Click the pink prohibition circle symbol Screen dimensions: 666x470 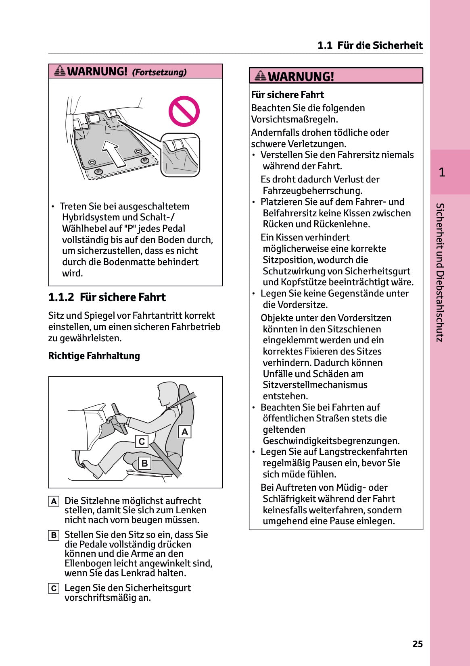point(184,112)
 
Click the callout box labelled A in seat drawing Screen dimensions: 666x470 point(185,432)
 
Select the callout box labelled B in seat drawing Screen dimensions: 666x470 point(144,463)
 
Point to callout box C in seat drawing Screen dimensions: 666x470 point(142,442)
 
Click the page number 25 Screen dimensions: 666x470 point(418,644)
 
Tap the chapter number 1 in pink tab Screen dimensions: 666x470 point(442,172)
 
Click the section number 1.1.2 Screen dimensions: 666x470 point(61,297)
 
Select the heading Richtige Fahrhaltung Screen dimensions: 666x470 point(94,356)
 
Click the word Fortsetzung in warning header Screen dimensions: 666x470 point(159,73)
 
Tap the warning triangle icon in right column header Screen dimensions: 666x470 point(261,75)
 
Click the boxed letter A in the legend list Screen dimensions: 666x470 point(54,501)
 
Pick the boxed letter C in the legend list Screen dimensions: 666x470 point(54,588)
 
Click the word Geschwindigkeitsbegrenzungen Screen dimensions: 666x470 point(331,441)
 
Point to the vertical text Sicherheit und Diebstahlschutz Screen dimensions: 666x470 point(440,272)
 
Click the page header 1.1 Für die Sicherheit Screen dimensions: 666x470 point(370,45)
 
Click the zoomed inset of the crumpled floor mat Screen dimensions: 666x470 point(180,156)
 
